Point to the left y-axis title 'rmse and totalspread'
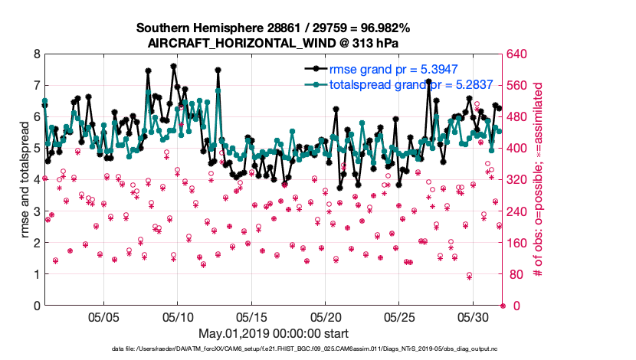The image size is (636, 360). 25,179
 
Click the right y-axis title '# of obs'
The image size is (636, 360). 538,179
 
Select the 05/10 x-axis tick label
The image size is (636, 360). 178,316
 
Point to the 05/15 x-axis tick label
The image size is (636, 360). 251,316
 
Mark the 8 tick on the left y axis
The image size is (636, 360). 36,54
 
